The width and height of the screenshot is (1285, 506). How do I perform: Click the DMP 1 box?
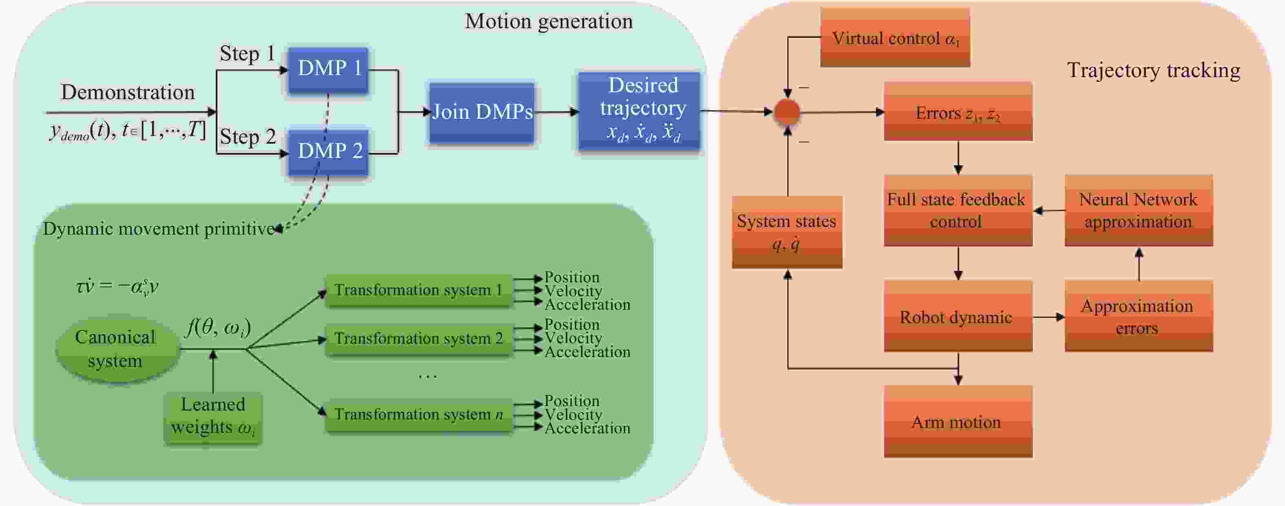point(328,69)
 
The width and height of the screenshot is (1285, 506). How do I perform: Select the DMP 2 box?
point(328,151)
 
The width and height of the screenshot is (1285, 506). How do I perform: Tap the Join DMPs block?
point(482,112)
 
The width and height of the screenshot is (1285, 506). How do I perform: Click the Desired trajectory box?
point(639,111)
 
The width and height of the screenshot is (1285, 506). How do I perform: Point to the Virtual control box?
point(895,38)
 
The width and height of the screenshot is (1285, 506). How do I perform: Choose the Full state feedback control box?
point(958,210)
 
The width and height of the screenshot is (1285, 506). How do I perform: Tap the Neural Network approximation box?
point(1138,210)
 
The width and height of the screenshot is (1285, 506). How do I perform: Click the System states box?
point(787,232)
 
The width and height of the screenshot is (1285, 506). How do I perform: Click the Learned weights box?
point(213,417)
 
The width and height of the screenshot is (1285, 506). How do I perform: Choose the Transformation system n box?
point(419,414)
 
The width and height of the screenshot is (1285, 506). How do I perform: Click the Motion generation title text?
point(549,22)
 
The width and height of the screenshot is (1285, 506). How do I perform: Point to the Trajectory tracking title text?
point(1153,70)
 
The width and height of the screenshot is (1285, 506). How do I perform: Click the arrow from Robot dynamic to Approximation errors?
point(1048,317)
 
